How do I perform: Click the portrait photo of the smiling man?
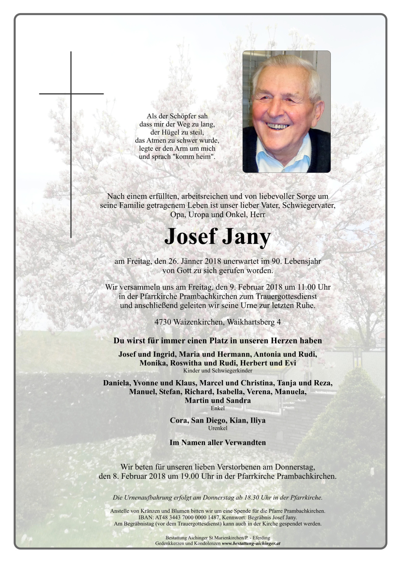[x=286, y=111]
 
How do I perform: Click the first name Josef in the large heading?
[x=190, y=237]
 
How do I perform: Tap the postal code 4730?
[x=163, y=322]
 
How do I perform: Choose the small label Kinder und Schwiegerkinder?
[x=217, y=371]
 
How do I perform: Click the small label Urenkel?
[x=217, y=428]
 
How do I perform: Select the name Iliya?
[x=258, y=420]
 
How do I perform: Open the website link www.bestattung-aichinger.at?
[x=251, y=544]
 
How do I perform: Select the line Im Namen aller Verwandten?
[x=217, y=443]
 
